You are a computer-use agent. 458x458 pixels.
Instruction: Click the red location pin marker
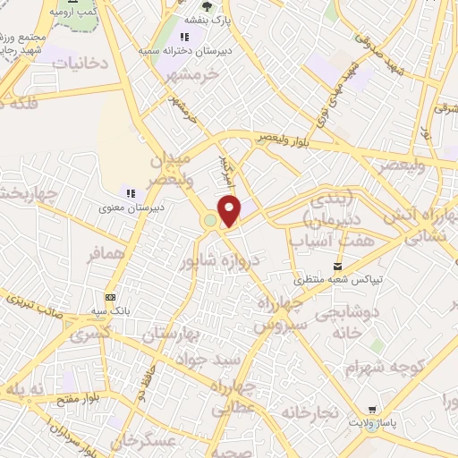coord(230,210)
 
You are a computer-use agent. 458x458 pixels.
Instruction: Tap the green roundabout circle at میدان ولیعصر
coord(210,220)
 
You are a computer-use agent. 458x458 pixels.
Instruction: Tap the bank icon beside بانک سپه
coord(111,297)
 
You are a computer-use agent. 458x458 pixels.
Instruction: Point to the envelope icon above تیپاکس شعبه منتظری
coord(337,266)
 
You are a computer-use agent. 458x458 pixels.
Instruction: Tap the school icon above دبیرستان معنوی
coord(131,192)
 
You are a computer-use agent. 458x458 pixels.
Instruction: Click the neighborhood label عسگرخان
coord(141,441)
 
